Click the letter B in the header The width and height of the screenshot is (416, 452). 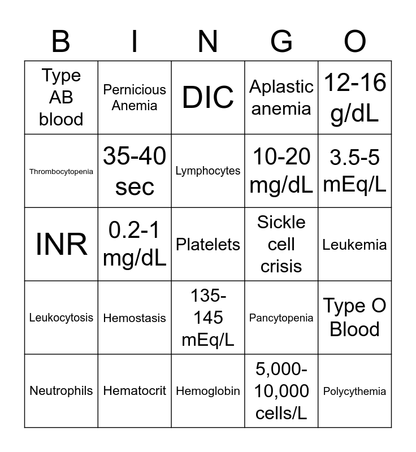tap(61, 42)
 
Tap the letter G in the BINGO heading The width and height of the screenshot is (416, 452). tap(281, 42)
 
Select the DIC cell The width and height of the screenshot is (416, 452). tap(208, 97)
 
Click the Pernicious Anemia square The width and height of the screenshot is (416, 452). tap(135, 97)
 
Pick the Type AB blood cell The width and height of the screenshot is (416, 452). tap(61, 97)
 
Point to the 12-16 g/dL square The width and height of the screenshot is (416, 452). tap(355, 97)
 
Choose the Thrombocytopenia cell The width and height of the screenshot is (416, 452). tap(61, 171)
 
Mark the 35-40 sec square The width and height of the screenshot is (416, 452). tap(135, 171)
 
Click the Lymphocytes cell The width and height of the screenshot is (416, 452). tap(208, 171)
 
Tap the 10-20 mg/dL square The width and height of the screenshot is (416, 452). tap(281, 171)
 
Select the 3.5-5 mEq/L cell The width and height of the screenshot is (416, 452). tap(355, 171)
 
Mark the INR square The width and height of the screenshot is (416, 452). tap(61, 244)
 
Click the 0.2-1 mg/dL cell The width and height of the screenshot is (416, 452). tap(135, 244)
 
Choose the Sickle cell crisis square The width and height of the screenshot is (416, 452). tap(281, 244)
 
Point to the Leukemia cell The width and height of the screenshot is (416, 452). tap(355, 245)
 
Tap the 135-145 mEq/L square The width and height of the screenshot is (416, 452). tap(208, 318)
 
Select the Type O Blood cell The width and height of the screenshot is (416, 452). tap(355, 318)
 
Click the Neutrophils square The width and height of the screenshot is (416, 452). tap(61, 391)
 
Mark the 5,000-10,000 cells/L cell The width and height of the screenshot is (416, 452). tap(281, 391)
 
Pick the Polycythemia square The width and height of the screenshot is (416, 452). tap(355, 391)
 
